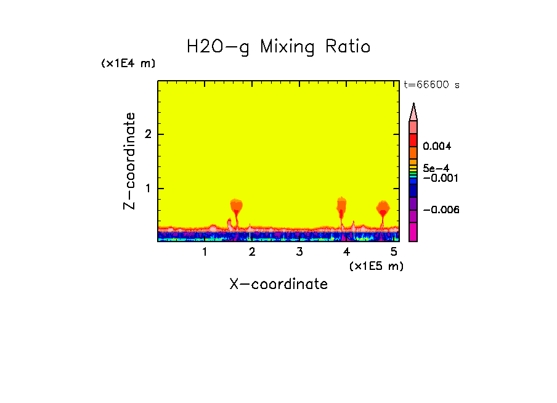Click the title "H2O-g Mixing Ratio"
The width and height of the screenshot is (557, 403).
pos(278,47)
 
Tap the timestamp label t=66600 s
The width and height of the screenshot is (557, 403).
pos(431,85)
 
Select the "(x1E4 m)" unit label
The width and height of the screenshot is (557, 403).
pos(128,63)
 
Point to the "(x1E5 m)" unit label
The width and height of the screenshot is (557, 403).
pos(376,266)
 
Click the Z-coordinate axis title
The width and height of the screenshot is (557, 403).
pos(129,161)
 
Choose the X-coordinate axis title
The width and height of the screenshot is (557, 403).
pos(278,284)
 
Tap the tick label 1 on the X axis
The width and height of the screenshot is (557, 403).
pos(205,251)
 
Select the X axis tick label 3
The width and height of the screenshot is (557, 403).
pos(299,251)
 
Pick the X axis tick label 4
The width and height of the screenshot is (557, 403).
pos(346,251)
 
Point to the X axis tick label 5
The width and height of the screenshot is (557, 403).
pos(394,251)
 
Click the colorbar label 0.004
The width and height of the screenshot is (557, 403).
pos(437,147)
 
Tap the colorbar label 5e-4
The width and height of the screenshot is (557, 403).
pos(436,168)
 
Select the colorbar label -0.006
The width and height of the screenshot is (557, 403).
pos(441,210)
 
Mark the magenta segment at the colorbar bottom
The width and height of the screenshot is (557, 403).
pos(413,232)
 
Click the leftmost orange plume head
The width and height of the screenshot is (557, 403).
pos(237,205)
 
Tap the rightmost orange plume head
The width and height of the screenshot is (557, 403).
pos(383,206)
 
